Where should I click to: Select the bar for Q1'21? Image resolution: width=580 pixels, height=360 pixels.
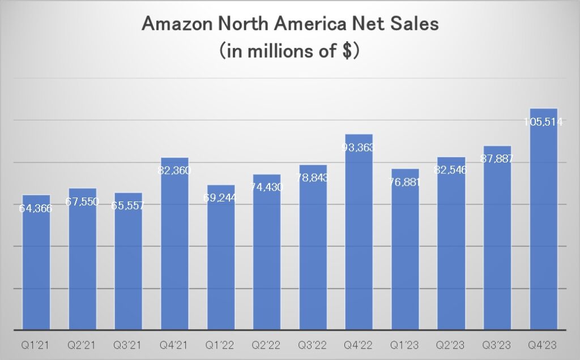(x=36, y=266)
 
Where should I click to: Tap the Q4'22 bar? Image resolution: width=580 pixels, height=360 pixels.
(x=359, y=238)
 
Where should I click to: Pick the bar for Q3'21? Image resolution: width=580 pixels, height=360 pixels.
(x=129, y=266)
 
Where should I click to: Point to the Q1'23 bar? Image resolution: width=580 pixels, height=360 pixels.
(x=405, y=255)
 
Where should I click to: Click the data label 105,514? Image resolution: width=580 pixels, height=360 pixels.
(x=543, y=121)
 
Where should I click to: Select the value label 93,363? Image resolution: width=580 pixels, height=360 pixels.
(x=359, y=147)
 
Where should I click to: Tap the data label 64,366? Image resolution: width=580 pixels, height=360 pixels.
(x=36, y=208)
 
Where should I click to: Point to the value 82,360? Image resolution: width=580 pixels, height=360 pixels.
(x=175, y=170)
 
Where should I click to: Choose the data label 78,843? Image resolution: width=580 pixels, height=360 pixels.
(x=313, y=178)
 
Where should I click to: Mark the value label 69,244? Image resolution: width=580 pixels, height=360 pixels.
(x=221, y=199)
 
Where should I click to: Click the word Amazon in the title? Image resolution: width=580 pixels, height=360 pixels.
(x=177, y=24)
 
